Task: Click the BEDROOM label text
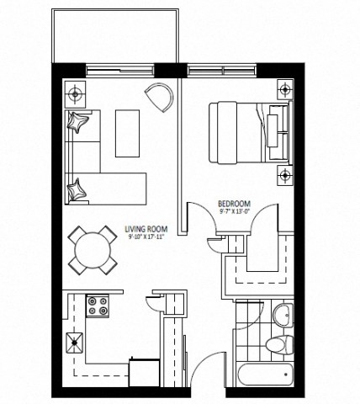point(234,205)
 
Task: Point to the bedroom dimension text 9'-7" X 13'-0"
point(234,213)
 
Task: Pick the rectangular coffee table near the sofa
point(129,133)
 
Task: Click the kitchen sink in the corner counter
point(77,341)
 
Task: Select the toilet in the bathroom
point(277,344)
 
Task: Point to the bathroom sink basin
point(283,316)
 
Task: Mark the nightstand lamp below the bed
point(285,174)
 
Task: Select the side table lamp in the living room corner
point(75,90)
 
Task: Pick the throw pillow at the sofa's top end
point(79,124)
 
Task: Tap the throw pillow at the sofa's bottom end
point(78,189)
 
